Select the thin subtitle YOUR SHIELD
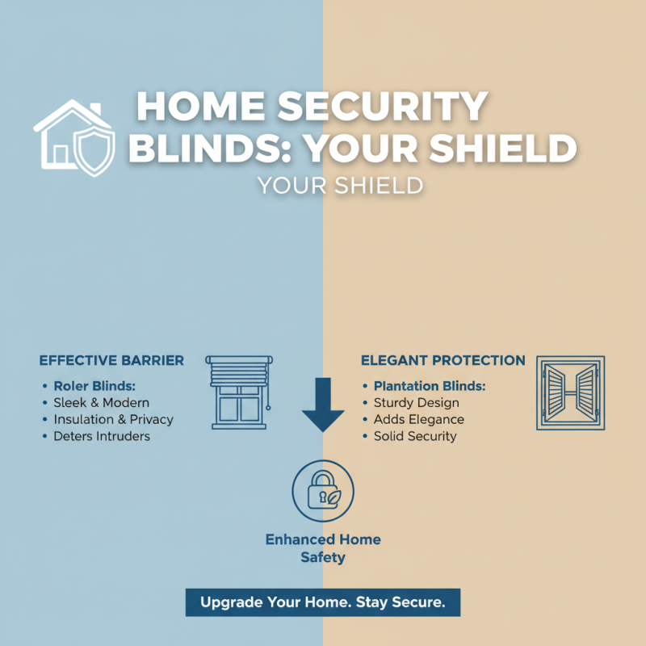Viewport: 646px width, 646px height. pos(340,186)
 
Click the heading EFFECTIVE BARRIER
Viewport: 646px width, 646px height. pos(111,360)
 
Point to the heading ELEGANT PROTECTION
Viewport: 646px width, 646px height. pos(443,360)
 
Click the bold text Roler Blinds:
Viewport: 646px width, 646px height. pos(94,386)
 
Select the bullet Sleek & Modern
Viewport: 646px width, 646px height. pos(101,402)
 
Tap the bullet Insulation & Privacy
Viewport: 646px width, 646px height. pos(113,419)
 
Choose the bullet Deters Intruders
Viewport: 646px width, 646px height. pos(102,436)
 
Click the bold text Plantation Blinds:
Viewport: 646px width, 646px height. pos(430,386)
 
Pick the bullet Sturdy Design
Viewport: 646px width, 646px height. pos(416,402)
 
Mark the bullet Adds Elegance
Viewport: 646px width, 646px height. pos(418,419)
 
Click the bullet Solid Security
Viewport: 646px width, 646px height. pos(415,436)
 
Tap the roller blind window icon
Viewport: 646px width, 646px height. pos(240,392)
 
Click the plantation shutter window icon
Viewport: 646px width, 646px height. pos(570,392)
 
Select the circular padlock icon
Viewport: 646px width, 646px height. pos(323,492)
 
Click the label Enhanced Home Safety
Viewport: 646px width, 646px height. pos(323,548)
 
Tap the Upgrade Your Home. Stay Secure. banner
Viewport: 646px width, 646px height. pos(323,602)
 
